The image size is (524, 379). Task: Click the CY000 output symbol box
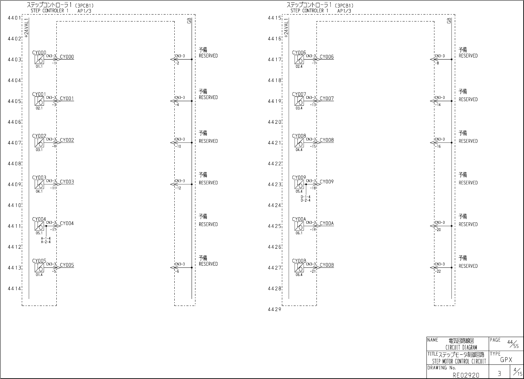[39, 60]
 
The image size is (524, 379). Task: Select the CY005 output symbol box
[39, 268]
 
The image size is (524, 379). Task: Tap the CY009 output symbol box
[299, 184]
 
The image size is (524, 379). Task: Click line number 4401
[15, 18]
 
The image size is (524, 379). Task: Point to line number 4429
[274, 309]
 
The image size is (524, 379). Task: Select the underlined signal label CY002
[67, 140]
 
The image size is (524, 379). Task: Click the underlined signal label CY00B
[327, 265]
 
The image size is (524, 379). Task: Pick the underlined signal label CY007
[327, 99]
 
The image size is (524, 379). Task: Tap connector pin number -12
[178, 188]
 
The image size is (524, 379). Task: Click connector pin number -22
[438, 271]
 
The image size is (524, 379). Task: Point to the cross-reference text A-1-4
[46, 238]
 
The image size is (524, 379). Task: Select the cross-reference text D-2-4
[305, 200]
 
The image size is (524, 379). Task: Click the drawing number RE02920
[466, 375]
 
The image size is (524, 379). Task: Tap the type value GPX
[506, 360]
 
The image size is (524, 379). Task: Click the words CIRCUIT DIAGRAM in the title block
[461, 347]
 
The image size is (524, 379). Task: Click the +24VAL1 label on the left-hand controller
[27, 28]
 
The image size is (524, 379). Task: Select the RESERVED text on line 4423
[468, 183]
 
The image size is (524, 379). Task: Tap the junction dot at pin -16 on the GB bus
[451, 143]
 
